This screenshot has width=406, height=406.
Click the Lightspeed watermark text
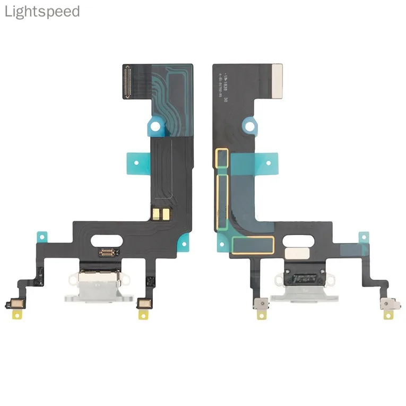pyautogui.click(x=42, y=12)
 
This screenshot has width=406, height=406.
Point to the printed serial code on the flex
pyautogui.click(x=227, y=80)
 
